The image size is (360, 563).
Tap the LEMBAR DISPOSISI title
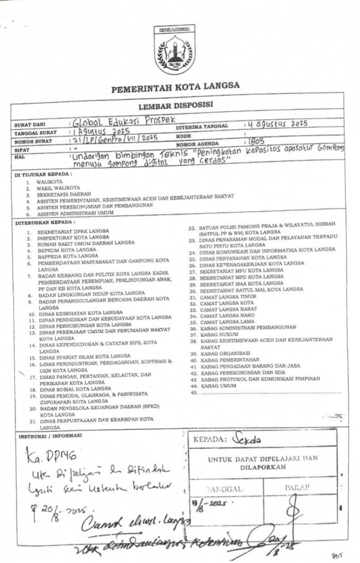click(x=176, y=105)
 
